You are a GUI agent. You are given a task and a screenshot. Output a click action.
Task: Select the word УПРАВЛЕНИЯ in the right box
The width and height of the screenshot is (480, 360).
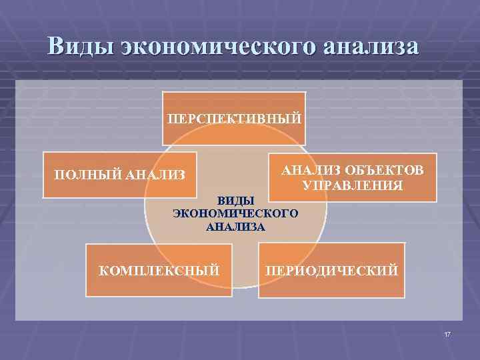(x=352, y=185)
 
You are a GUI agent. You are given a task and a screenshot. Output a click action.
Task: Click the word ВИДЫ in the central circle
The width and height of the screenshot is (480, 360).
(x=237, y=200)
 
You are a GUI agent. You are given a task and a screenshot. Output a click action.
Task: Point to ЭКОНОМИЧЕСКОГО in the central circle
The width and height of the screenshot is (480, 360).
(x=236, y=213)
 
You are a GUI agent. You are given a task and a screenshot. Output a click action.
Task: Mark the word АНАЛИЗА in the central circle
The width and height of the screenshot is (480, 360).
(x=236, y=227)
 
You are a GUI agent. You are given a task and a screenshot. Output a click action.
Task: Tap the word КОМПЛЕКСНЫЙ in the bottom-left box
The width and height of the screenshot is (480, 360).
(x=159, y=271)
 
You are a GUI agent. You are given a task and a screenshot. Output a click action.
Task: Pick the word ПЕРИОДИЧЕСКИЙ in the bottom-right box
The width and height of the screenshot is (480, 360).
(x=331, y=271)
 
